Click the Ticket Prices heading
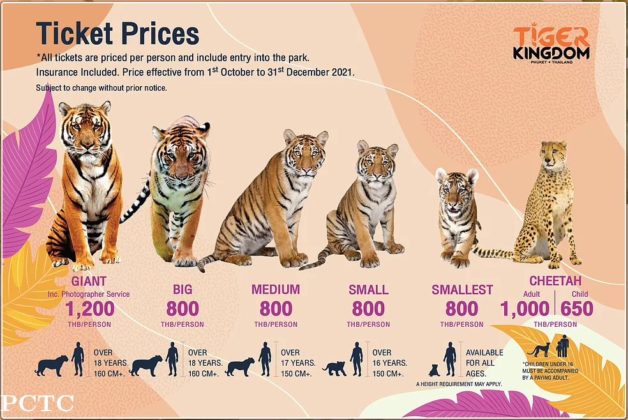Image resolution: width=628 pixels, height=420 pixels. click(117, 33)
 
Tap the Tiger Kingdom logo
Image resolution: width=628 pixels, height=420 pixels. click(551, 45)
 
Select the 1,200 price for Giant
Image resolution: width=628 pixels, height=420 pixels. click(89, 309)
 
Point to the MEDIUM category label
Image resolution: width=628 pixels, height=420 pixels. click(276, 290)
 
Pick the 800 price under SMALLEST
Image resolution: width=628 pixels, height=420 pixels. click(461, 309)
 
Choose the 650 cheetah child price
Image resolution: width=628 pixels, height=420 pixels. click(577, 309)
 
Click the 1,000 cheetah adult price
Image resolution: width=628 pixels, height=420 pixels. click(525, 309)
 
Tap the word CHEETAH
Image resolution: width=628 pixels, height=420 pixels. click(555, 281)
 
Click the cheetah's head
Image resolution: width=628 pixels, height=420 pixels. click(553, 153)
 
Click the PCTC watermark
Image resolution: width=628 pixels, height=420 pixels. click(38, 403)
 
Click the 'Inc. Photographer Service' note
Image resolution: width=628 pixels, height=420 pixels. click(89, 294)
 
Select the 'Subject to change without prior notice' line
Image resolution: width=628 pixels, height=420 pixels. click(101, 87)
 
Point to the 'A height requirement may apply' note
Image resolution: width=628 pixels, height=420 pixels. click(459, 384)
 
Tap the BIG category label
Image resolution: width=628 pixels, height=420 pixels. click(183, 290)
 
